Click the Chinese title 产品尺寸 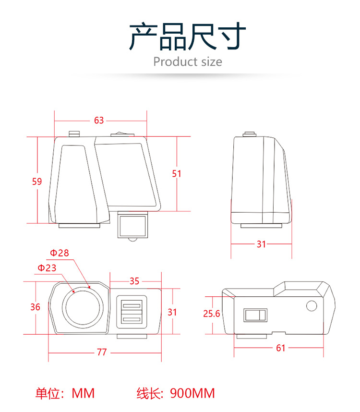[x=188, y=37]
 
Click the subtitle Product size [x=188, y=62]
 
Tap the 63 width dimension [x=99, y=121]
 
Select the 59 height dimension [x=37, y=182]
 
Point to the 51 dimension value [x=177, y=173]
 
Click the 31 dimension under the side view [x=261, y=244]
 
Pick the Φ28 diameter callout [x=60, y=253]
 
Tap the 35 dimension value [x=134, y=281]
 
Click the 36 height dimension [x=36, y=307]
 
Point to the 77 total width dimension [x=102, y=352]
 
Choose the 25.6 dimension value [x=211, y=314]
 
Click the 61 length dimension [x=281, y=348]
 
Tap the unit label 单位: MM [x=65, y=394]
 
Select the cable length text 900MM [x=192, y=394]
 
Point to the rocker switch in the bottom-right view [x=255, y=315]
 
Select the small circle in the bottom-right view [x=311, y=305]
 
